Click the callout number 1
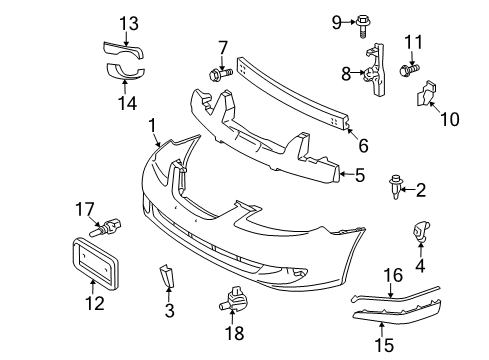pyautogui.click(x=153, y=127)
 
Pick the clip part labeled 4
pyautogui.click(x=421, y=236)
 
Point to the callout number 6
pyautogui.click(x=363, y=145)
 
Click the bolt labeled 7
pyautogui.click(x=218, y=72)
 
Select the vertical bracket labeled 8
pyautogui.click(x=376, y=71)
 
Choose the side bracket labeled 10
pyautogui.click(x=427, y=94)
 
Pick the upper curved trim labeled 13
pyautogui.click(x=123, y=48)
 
